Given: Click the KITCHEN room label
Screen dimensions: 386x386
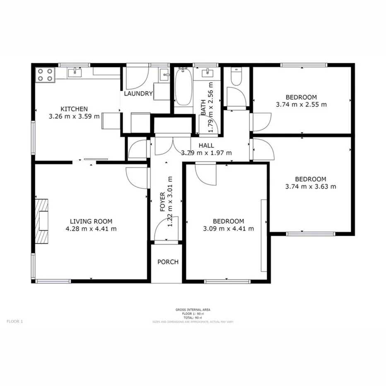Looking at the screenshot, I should (x=74, y=109).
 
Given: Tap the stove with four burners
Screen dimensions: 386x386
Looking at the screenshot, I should (x=46, y=75).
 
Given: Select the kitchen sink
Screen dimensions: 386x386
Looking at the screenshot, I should (x=75, y=73).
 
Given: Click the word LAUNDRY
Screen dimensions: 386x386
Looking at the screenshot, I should (x=138, y=94).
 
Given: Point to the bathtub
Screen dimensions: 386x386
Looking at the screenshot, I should (x=183, y=88).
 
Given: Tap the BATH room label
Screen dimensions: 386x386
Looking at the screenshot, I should (x=203, y=109).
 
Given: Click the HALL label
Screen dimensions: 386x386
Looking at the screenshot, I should (x=206, y=145).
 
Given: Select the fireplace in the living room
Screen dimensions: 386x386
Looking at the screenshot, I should (x=41, y=220).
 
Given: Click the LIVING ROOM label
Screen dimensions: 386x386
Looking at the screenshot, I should (x=91, y=221).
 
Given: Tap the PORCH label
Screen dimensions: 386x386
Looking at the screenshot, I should (x=168, y=262).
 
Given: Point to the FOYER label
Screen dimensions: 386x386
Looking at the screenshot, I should (x=163, y=202).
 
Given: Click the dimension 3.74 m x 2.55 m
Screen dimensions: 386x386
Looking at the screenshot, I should (x=301, y=104).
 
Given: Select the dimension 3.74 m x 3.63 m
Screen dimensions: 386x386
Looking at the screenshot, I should (x=310, y=186).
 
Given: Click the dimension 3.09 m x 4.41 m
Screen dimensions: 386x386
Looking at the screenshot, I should (x=228, y=228).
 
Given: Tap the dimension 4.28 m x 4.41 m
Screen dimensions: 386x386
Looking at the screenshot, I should (x=91, y=228).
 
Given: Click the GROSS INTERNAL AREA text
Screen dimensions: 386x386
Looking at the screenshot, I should (x=193, y=310).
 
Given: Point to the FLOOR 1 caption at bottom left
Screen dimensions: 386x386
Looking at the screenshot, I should (x=15, y=321).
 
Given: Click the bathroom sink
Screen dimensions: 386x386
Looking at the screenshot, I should (x=207, y=74).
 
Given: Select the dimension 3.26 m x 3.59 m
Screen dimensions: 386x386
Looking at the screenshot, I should (x=74, y=116).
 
